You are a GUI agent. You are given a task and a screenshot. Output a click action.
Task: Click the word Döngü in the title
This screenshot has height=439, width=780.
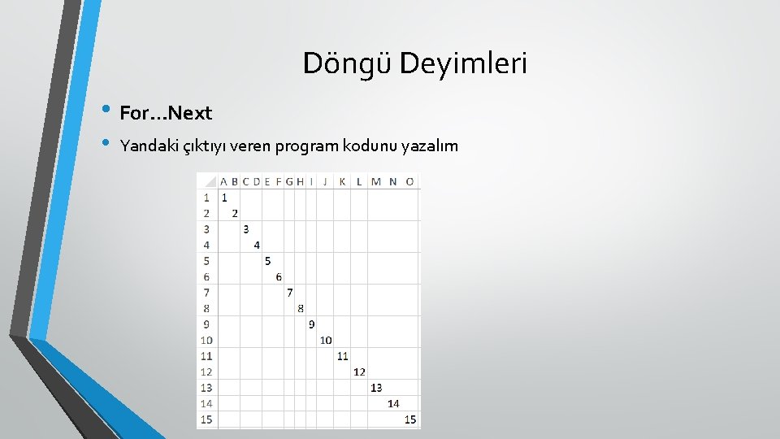[348, 63]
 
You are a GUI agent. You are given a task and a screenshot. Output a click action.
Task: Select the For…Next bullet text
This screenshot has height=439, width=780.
[166, 113]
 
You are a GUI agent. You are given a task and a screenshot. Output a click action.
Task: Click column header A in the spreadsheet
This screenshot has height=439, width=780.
[223, 181]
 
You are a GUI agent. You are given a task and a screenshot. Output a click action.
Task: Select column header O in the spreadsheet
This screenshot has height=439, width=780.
[409, 181]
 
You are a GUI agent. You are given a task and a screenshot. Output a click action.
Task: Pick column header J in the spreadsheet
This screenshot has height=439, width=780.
[325, 181]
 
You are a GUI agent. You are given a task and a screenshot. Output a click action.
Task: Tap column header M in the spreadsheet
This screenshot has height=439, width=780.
[375, 181]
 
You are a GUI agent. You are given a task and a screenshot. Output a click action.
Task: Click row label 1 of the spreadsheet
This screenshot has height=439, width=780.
[206, 197]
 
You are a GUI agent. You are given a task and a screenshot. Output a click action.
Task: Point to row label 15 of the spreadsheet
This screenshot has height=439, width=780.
[206, 419]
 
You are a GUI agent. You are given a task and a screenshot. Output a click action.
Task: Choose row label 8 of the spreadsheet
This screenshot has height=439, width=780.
[206, 308]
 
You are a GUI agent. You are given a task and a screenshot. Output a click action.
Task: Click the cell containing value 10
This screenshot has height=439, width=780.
[325, 340]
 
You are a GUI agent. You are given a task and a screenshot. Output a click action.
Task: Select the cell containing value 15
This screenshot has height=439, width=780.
[409, 419]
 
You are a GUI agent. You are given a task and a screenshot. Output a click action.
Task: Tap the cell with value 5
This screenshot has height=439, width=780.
[267, 261]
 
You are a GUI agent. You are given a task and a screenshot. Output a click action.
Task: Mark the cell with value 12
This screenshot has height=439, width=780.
[359, 372]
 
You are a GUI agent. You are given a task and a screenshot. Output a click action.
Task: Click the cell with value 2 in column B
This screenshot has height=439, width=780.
[235, 213]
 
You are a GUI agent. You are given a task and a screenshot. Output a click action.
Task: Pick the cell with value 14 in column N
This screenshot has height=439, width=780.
[393, 403]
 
